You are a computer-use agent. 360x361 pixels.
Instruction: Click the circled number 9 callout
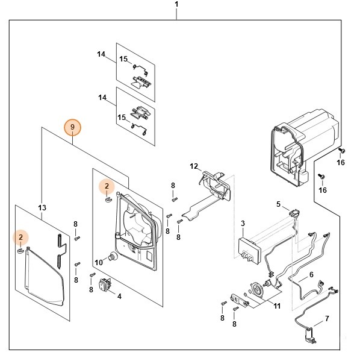72,127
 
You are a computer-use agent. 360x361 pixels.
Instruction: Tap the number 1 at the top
176,4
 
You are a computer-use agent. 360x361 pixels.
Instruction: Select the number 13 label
42,208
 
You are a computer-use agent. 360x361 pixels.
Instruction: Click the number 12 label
194,166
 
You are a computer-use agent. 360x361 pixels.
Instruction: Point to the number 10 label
99,262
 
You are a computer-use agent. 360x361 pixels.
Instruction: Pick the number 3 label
243,224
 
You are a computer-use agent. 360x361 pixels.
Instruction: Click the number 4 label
119,297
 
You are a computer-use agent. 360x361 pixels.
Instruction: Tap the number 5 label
278,204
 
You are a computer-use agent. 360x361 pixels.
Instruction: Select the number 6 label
311,274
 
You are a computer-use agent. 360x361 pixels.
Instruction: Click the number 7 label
327,319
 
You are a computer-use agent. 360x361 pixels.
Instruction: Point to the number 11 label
277,306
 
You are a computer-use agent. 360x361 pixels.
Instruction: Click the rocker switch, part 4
105,284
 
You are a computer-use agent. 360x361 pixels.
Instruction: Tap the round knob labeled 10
113,256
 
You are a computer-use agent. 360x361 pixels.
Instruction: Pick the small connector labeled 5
294,212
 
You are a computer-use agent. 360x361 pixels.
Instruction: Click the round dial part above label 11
256,289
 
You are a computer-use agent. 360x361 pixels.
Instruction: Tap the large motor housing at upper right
303,147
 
